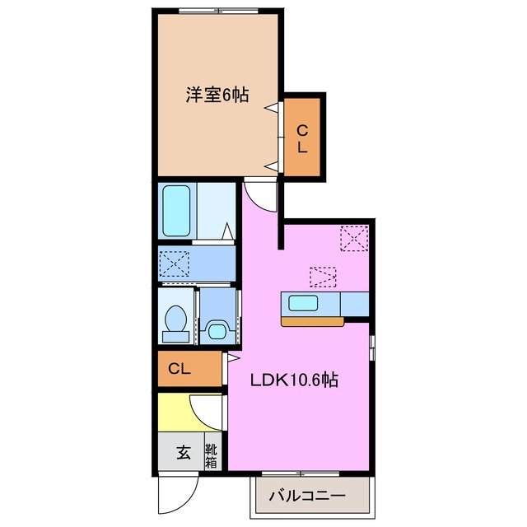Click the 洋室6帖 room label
coord(217,95)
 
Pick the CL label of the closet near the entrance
coord(180,369)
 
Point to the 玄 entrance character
coord(182,453)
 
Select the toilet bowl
coord(175,323)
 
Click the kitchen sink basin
coord(303,303)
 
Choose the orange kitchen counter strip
coord(312,321)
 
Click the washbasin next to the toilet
coord(216,331)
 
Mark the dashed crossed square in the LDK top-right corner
coord(356,239)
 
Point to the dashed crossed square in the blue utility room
coord(175,264)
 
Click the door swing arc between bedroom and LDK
coord(258,198)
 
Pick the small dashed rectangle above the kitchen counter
coord(323,276)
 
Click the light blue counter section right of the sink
coord(354,303)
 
